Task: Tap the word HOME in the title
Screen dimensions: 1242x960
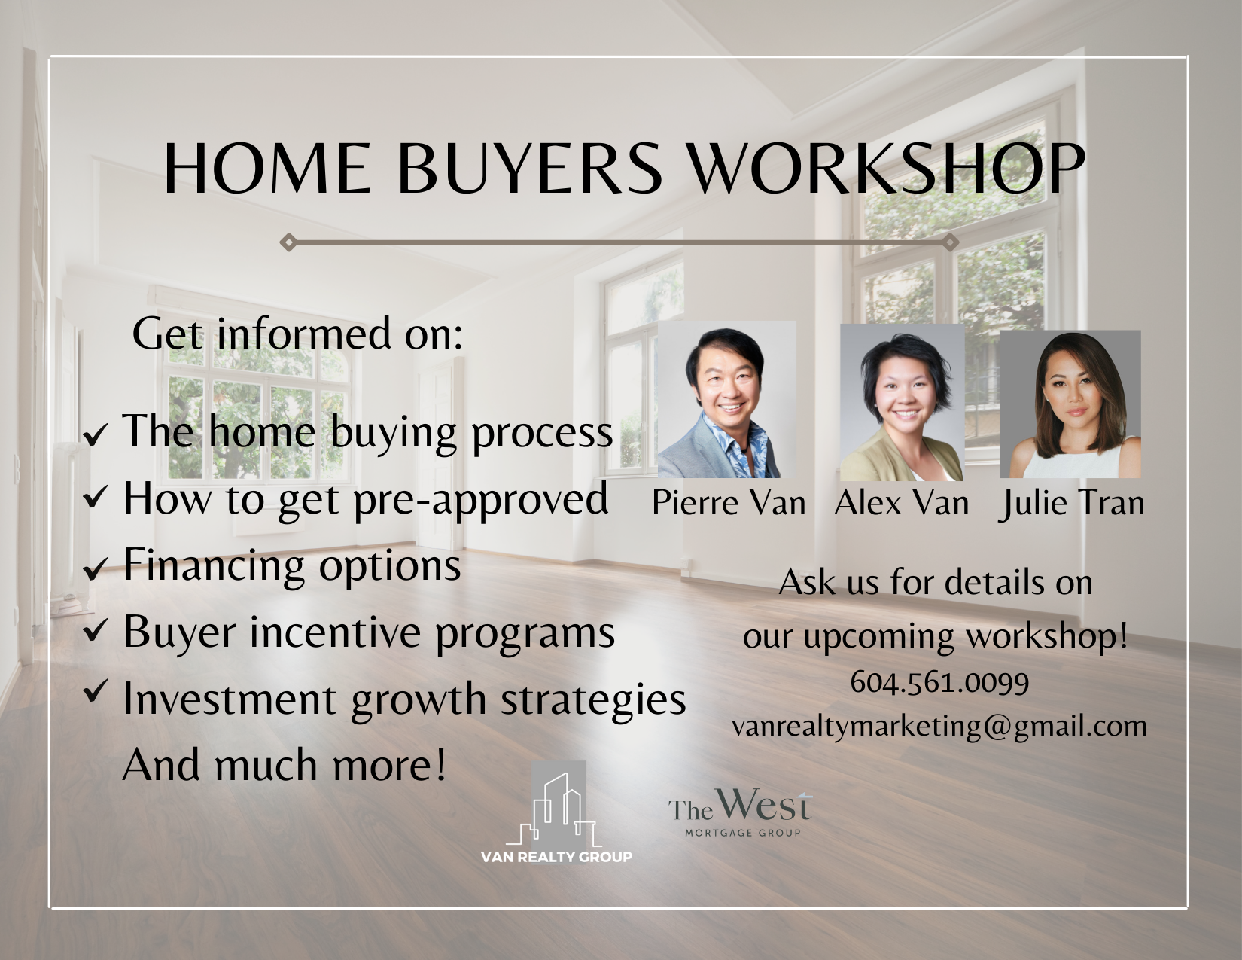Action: [267, 169]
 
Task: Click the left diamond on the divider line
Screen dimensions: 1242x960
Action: [288, 242]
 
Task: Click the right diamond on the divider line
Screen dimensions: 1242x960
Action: [950, 242]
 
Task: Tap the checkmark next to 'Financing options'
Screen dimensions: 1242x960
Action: [95, 568]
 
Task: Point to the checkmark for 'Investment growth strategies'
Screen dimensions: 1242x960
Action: [95, 690]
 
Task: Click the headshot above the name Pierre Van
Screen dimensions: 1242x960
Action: [727, 399]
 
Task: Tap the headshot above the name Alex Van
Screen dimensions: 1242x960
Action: [902, 403]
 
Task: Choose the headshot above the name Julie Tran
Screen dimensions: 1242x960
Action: [1070, 404]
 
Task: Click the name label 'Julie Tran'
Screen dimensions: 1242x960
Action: [1071, 504]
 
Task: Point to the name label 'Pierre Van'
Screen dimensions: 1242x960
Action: [729, 503]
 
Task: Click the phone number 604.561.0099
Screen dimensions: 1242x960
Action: [939, 682]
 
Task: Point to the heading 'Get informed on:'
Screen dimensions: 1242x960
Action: [297, 334]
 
